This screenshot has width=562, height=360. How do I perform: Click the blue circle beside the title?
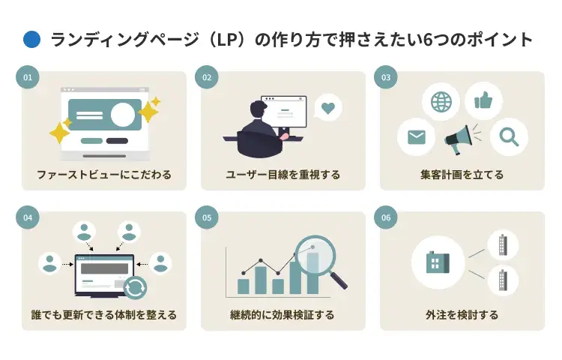coord(31,40)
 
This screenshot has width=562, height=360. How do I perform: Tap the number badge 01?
coord(28,77)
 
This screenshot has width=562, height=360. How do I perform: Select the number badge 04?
coord(28,217)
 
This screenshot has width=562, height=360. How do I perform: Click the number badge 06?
coord(386,217)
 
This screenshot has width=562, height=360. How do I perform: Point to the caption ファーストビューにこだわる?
coord(104,175)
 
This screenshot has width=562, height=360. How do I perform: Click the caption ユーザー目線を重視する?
coord(283,175)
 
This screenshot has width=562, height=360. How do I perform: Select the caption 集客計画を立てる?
coord(462,175)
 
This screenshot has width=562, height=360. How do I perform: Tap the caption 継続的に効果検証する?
coord(283,315)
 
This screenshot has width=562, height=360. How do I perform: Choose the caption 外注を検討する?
coord(462,315)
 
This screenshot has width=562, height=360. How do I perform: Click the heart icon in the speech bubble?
coord(327,108)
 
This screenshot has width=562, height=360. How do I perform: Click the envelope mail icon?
coord(416,137)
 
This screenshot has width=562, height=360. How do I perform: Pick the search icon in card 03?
coord(509,137)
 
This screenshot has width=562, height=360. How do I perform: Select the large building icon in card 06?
coord(437,262)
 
